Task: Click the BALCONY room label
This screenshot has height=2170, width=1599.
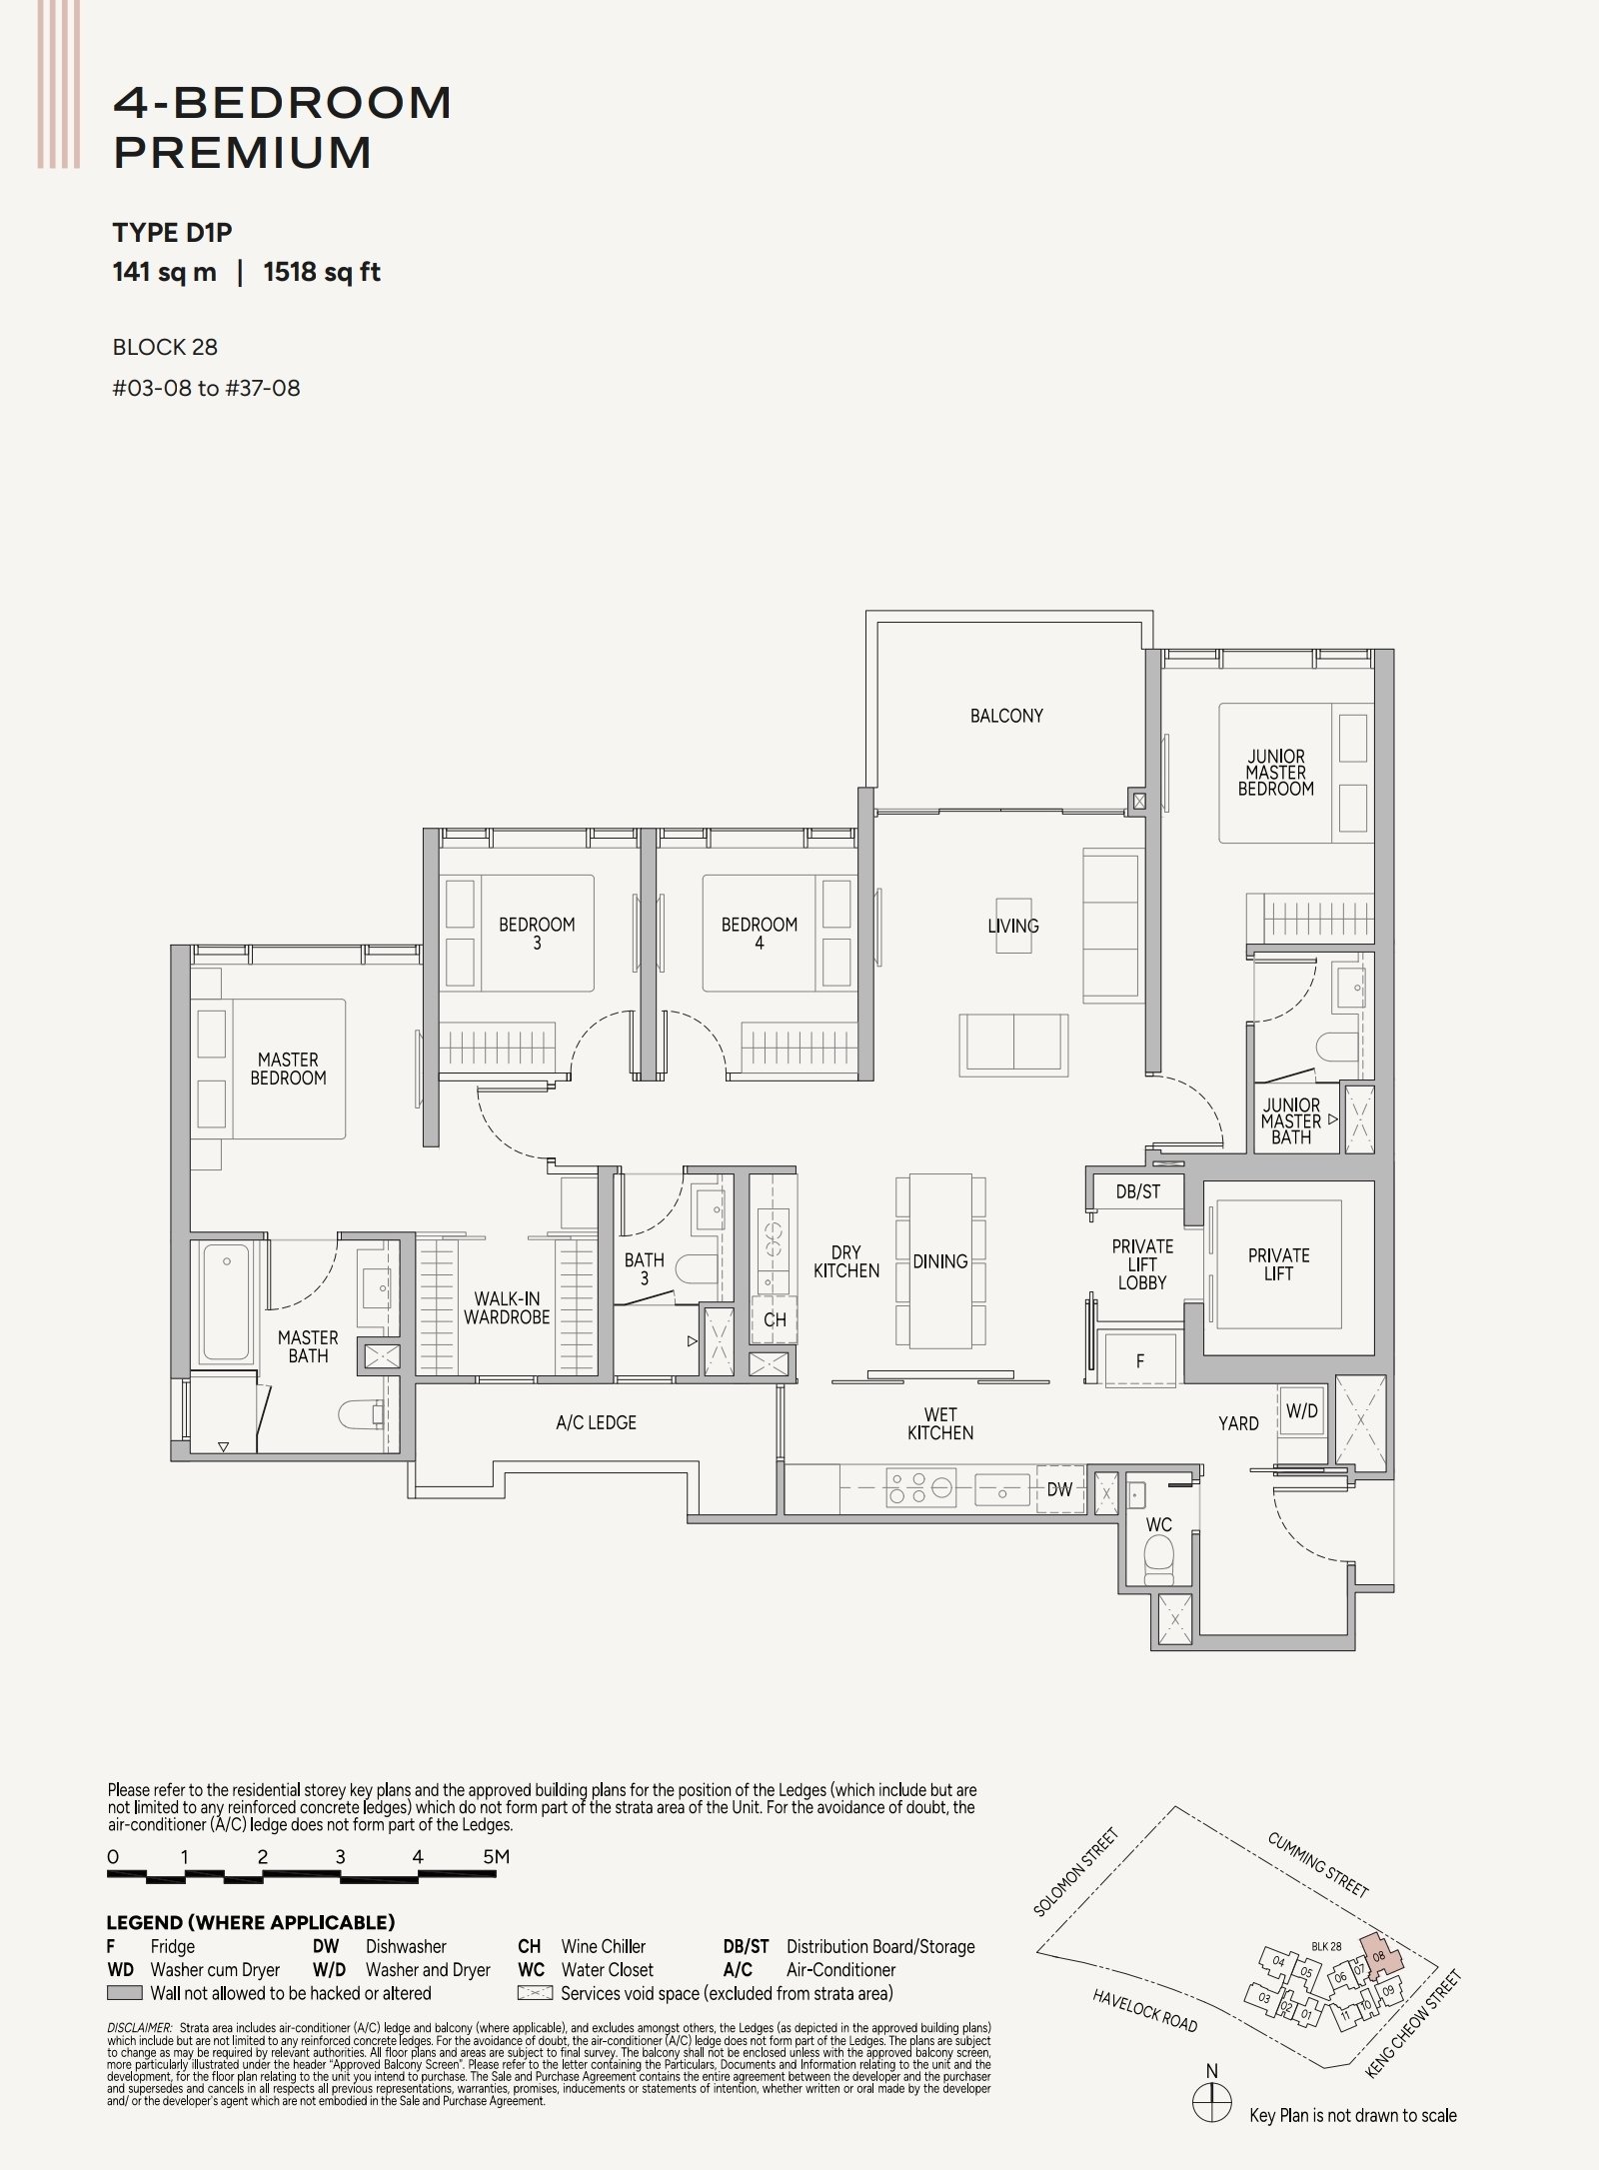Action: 1006,716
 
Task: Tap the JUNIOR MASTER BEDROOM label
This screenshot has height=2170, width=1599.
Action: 1275,773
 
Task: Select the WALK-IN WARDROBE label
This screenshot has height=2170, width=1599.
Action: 507,1308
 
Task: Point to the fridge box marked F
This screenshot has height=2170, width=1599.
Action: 1140,1360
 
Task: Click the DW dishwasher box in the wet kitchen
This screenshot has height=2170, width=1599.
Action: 1059,1489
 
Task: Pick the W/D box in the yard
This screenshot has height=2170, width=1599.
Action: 1302,1412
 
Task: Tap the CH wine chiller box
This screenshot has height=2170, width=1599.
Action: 775,1319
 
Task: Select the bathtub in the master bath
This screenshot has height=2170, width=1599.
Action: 227,1289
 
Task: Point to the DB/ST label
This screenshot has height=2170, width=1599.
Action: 1138,1191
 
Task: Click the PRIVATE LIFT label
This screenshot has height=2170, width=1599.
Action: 1278,1264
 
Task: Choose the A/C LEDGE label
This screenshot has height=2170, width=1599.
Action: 597,1422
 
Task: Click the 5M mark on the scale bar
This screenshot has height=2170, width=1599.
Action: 497,1857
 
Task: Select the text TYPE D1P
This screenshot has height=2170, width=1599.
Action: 173,233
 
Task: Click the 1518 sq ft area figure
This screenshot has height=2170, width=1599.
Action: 322,273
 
